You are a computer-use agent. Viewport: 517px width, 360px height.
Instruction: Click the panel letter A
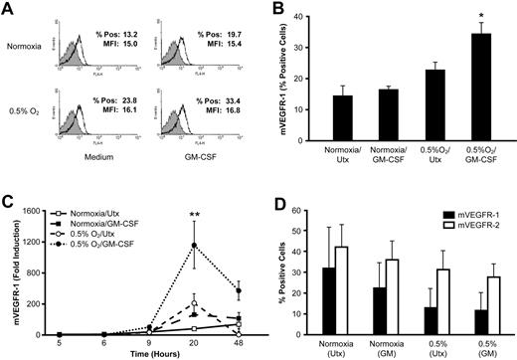pyautogui.click(x=9, y=9)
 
